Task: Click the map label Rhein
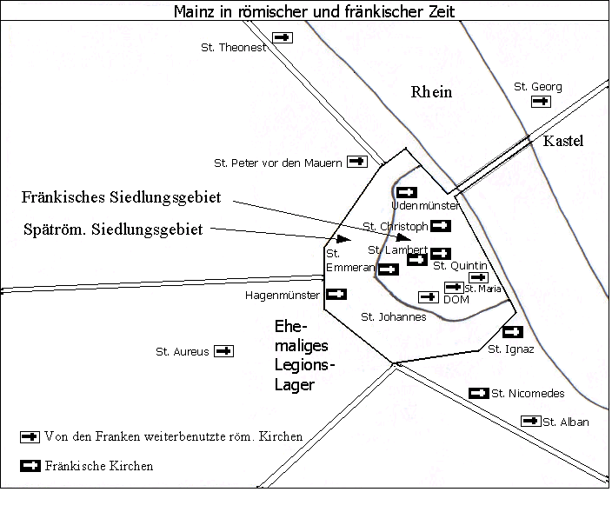tap(431, 92)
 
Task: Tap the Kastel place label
tap(562, 141)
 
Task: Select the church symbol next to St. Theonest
tap(283, 37)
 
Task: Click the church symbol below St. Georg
tap(541, 102)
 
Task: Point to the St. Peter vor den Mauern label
tap(277, 163)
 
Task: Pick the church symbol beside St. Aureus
tap(224, 351)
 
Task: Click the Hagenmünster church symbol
tap(336, 294)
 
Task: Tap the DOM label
tap(456, 300)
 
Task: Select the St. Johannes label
tap(394, 317)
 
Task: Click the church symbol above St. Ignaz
tap(513, 332)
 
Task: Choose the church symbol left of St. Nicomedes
tap(478, 393)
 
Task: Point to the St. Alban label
tap(566, 422)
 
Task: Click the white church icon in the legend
tap(30, 436)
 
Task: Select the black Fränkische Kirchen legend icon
tap(30, 466)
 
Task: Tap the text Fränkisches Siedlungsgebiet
tap(121, 197)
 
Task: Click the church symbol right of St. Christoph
tap(441, 225)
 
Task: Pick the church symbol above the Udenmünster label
tap(407, 192)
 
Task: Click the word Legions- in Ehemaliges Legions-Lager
tap(304, 365)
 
